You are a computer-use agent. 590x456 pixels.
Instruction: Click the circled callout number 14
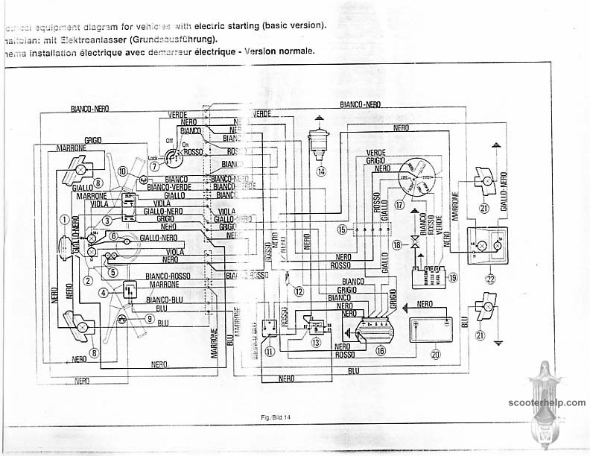click(321, 171)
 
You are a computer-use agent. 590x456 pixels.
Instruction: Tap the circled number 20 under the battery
click(436, 355)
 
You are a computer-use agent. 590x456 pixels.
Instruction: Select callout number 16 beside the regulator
click(381, 349)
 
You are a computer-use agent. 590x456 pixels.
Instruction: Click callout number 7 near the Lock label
click(154, 167)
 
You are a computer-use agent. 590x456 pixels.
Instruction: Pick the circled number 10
click(122, 171)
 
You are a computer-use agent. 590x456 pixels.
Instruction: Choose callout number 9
click(150, 319)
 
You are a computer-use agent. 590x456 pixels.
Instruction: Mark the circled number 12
click(298, 291)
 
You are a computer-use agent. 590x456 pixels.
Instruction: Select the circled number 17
click(399, 204)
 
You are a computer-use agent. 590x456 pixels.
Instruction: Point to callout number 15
click(342, 229)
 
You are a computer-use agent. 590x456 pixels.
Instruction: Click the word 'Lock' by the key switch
click(153, 158)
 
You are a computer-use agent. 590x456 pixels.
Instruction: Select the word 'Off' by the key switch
click(168, 139)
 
